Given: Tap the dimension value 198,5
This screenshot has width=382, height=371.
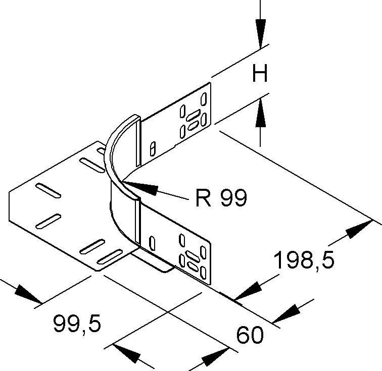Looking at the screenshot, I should [x=304, y=261].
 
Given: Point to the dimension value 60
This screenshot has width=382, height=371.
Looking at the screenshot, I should [x=250, y=336].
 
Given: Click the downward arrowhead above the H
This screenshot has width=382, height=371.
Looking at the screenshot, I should [x=260, y=33].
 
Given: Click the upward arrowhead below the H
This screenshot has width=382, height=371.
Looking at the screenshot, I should [x=260, y=112].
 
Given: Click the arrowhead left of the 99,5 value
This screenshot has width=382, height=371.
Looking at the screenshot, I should [x=28, y=295].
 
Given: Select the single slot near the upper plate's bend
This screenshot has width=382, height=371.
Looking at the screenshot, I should [x=152, y=148].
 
